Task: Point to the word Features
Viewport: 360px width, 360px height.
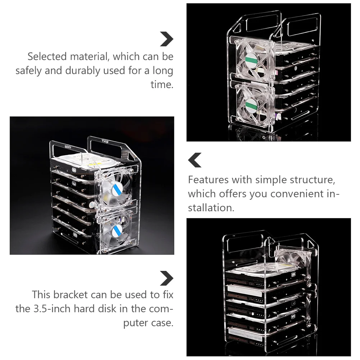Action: point(208,179)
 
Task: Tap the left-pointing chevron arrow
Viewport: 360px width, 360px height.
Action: point(195,160)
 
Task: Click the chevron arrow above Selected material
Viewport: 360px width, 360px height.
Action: point(166,39)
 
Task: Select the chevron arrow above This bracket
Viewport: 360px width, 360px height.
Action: point(166,278)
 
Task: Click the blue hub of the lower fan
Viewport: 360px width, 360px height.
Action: point(117,230)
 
